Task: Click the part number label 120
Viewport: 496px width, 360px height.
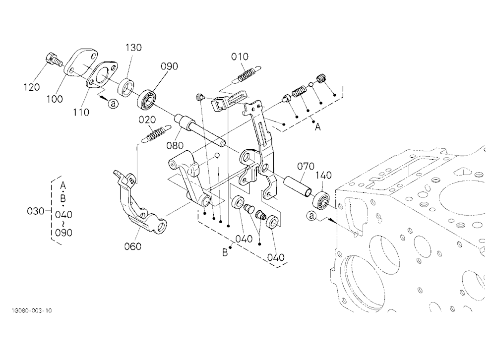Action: [x=32, y=87]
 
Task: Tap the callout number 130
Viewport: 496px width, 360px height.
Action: [x=133, y=48]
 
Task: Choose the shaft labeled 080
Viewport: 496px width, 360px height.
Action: [x=200, y=130]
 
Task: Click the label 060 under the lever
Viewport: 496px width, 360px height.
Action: [x=132, y=246]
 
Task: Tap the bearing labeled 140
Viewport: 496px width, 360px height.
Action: [x=321, y=199]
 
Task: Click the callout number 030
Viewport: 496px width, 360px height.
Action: [x=35, y=211]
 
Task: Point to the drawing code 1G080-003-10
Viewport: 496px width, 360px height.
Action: [x=31, y=310]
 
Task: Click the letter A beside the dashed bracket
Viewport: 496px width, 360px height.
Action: [x=317, y=127]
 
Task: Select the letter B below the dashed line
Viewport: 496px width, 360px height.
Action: [x=225, y=252]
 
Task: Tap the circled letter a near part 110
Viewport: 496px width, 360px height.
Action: [x=113, y=104]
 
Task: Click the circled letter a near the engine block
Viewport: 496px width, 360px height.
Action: [x=312, y=216]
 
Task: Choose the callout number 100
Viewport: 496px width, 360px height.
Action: [x=55, y=99]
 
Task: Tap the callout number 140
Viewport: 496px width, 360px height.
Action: [x=323, y=175]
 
